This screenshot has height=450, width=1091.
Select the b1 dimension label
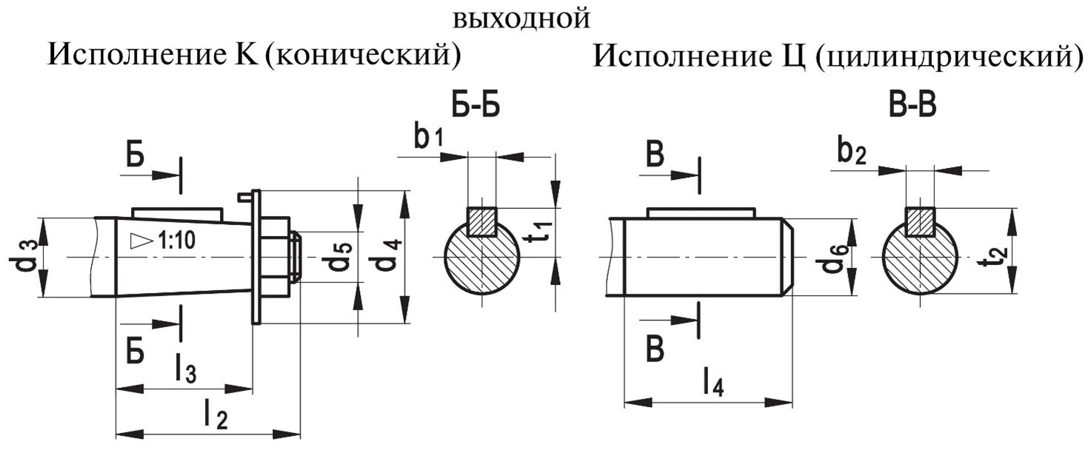tap(429, 138)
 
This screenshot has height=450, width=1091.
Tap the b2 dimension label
tap(853, 152)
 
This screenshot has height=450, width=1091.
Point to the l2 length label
tap(216, 416)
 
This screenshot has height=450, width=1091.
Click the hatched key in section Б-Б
tap(481, 221)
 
